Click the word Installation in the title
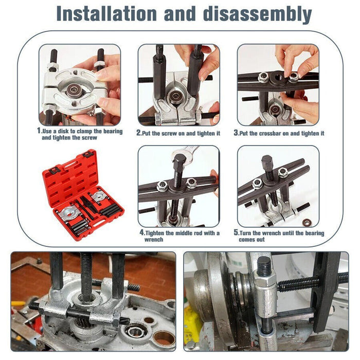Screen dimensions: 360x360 click(103, 13)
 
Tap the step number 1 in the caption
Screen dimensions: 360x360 click(39, 131)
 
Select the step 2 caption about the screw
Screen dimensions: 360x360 click(178, 133)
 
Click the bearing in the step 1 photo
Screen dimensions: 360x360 click(74, 88)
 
